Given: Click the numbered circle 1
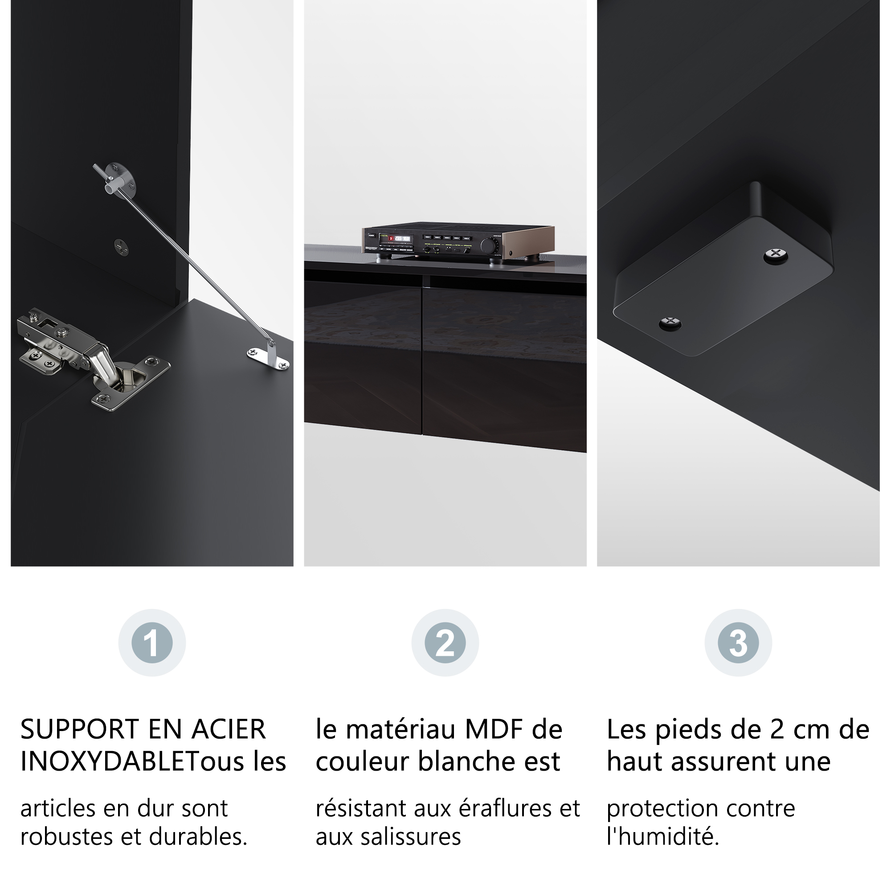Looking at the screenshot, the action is [x=152, y=643].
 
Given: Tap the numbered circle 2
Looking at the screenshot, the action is [x=445, y=643].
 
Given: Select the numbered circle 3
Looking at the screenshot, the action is [x=738, y=643].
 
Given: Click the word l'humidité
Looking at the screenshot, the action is [x=663, y=837].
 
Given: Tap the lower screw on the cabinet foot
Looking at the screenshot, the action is [x=670, y=323].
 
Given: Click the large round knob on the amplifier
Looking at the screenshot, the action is [x=490, y=246].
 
